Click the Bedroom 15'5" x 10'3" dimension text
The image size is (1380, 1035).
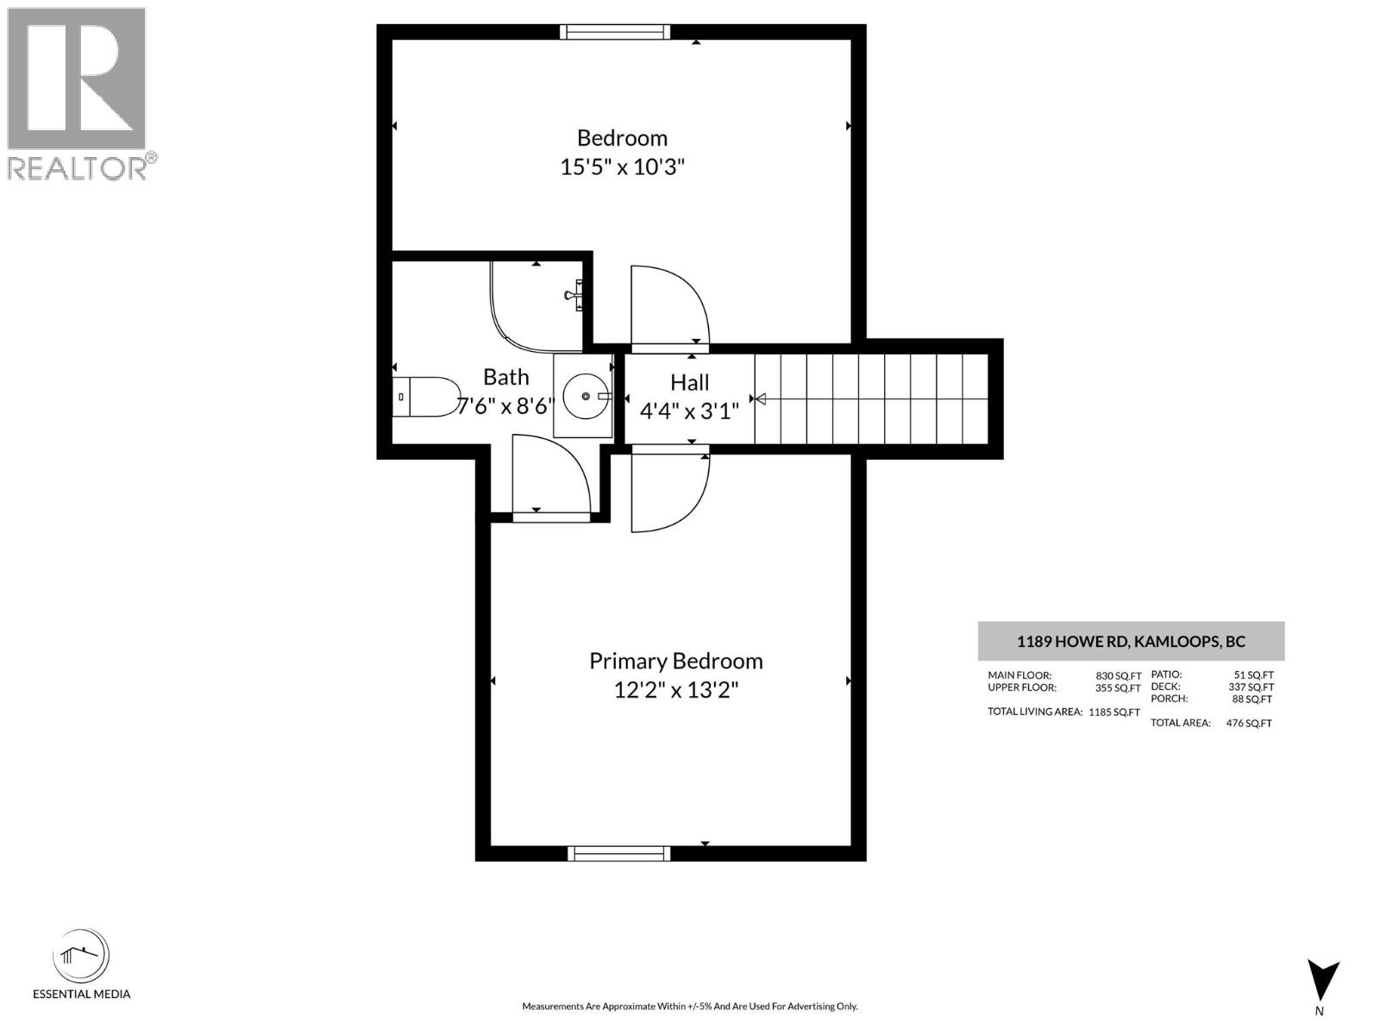[622, 167]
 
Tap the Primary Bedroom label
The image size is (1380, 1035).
[675, 661]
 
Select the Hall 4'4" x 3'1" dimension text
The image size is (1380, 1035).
[689, 411]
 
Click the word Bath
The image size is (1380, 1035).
[505, 377]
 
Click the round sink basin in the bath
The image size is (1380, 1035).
[586, 396]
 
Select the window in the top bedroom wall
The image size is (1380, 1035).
[614, 32]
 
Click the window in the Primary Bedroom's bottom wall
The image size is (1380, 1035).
[618, 853]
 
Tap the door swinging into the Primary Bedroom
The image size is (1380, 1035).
[669, 493]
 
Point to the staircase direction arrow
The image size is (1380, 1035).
[759, 398]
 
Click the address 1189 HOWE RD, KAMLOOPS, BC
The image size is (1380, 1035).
[1131, 642]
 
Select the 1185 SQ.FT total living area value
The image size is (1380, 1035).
[1113, 712]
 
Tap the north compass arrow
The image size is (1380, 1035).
[1322, 981]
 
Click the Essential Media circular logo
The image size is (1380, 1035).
[81, 957]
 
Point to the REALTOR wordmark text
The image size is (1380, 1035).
[78, 168]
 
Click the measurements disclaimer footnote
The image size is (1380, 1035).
[689, 1007]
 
